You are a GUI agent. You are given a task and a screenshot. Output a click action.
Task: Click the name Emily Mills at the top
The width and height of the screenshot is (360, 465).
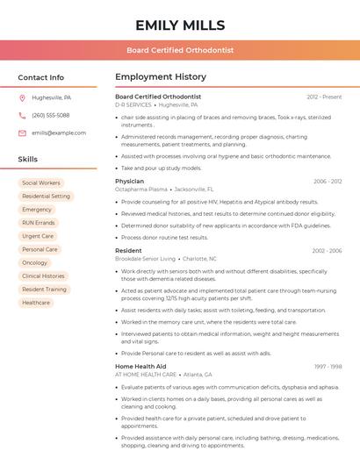pyautogui.click(x=180, y=25)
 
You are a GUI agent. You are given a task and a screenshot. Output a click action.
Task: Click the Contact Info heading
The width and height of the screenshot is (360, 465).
pyautogui.click(x=41, y=77)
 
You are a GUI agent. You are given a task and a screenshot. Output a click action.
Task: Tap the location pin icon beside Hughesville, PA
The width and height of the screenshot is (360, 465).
pyautogui.click(x=22, y=97)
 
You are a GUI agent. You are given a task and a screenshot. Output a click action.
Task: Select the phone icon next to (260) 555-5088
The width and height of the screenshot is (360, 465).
pyautogui.click(x=22, y=115)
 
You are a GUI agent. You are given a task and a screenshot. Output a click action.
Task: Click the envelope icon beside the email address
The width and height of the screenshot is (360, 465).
pyautogui.click(x=22, y=132)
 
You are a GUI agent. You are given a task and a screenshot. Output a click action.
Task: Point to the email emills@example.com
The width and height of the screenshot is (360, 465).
pyautogui.click(x=59, y=132)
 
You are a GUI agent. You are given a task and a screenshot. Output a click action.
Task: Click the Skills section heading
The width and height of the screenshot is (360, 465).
pyautogui.click(x=28, y=159)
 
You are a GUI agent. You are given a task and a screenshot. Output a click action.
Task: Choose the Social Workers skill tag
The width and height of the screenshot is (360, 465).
pyautogui.click(x=41, y=182)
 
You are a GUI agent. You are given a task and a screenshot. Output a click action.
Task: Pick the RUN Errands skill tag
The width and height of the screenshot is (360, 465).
pyautogui.click(x=39, y=223)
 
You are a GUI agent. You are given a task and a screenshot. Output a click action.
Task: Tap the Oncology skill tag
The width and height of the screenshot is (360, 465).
pyautogui.click(x=35, y=262)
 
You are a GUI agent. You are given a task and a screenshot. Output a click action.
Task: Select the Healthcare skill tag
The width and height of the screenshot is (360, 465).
pyautogui.click(x=36, y=303)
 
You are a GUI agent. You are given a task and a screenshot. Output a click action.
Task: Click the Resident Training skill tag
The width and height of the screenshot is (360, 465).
pyautogui.click(x=44, y=290)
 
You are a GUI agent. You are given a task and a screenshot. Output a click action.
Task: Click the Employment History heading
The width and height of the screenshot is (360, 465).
pyautogui.click(x=161, y=77)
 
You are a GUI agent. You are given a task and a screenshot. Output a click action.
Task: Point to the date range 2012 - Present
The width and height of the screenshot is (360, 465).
pyautogui.click(x=324, y=97)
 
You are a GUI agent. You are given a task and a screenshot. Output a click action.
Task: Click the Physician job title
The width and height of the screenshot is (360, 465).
pyautogui.click(x=129, y=181)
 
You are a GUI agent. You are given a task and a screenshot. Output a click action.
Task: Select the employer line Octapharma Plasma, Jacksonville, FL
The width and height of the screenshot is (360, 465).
pyautogui.click(x=164, y=190)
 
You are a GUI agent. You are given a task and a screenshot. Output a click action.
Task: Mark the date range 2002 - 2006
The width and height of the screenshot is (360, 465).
pyautogui.click(x=327, y=251)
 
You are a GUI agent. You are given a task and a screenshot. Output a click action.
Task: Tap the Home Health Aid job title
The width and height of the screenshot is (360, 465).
pyautogui.click(x=140, y=366)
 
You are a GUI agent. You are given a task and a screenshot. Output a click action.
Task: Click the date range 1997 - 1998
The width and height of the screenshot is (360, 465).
pyautogui.click(x=328, y=366)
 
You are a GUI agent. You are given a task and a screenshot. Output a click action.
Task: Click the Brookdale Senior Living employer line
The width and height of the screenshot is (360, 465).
pyautogui.click(x=166, y=259)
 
